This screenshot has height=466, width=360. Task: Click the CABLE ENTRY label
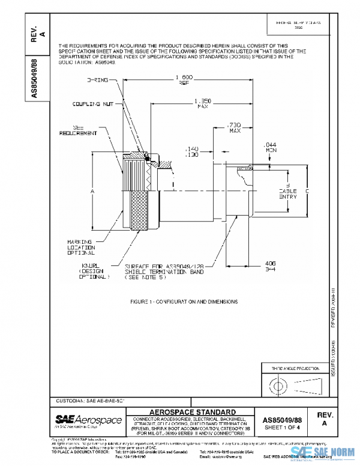point(289,194)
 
